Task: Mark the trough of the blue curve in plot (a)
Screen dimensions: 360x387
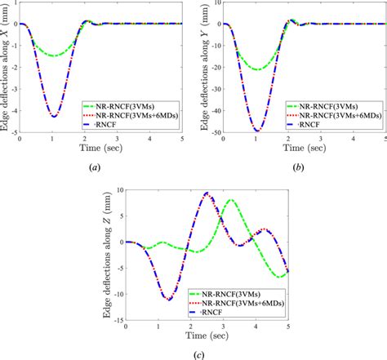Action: (x=54, y=117)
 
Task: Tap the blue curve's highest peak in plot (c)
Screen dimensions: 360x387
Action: (x=207, y=193)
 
